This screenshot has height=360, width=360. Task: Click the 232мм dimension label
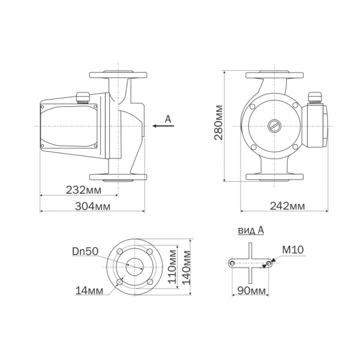[83, 190]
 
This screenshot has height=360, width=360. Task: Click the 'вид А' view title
[251, 230]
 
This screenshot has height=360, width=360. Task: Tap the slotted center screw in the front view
[274, 127]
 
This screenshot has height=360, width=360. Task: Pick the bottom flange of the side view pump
[118, 176]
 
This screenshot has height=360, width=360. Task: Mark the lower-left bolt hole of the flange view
[120, 281]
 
